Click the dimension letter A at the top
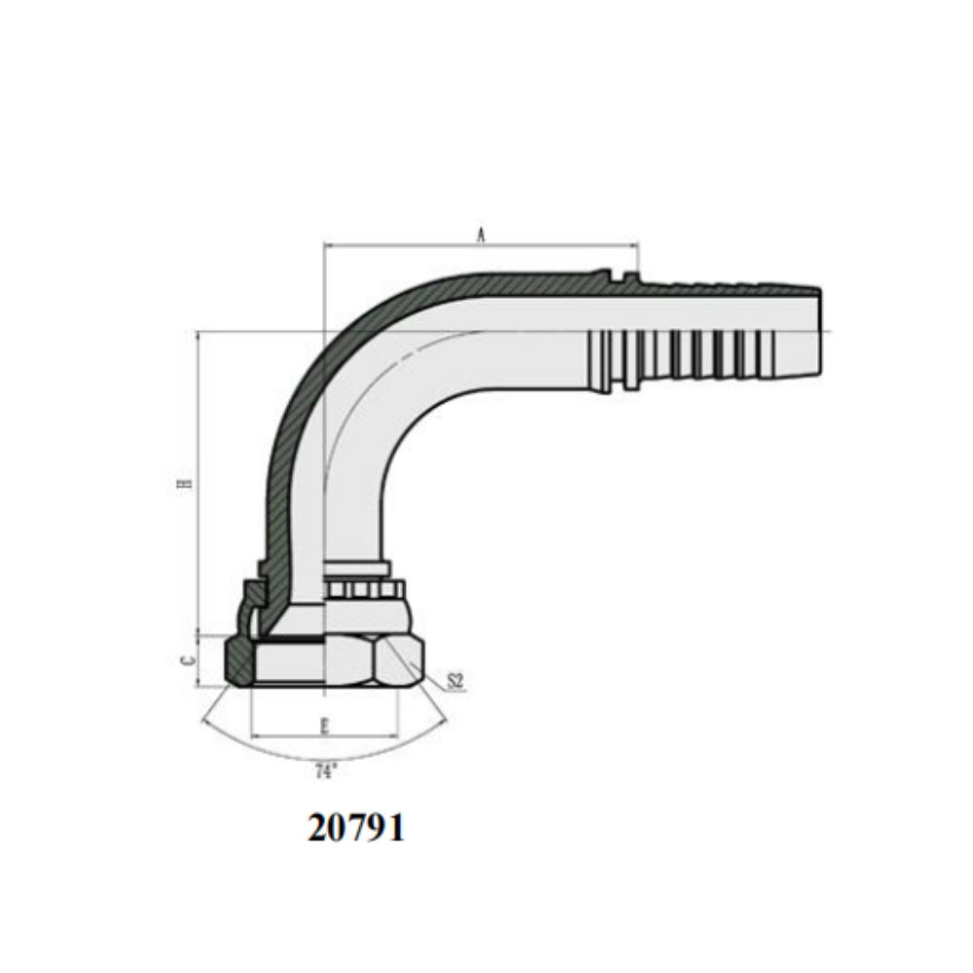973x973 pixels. (481, 235)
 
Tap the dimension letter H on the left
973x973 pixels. (184, 484)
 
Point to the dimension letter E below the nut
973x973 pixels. (325, 726)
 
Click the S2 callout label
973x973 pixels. (455, 681)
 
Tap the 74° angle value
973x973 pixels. (326, 772)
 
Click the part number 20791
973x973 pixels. (355, 828)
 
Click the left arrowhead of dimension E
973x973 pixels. (257, 738)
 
